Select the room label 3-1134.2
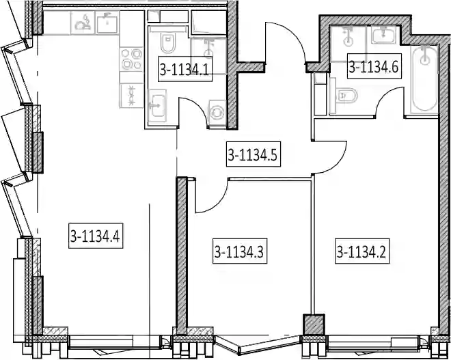(362, 251)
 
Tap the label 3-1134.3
(240, 251)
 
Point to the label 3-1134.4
(96, 236)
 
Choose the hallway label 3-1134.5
(253, 154)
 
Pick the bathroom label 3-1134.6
(374, 66)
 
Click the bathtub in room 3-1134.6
(425, 79)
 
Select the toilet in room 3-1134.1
(167, 42)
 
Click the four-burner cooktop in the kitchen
(132, 59)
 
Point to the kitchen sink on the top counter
(107, 23)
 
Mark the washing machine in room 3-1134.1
(217, 113)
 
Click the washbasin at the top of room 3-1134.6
(383, 35)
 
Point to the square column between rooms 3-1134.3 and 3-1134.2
(314, 324)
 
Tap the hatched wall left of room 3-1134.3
(182, 256)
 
